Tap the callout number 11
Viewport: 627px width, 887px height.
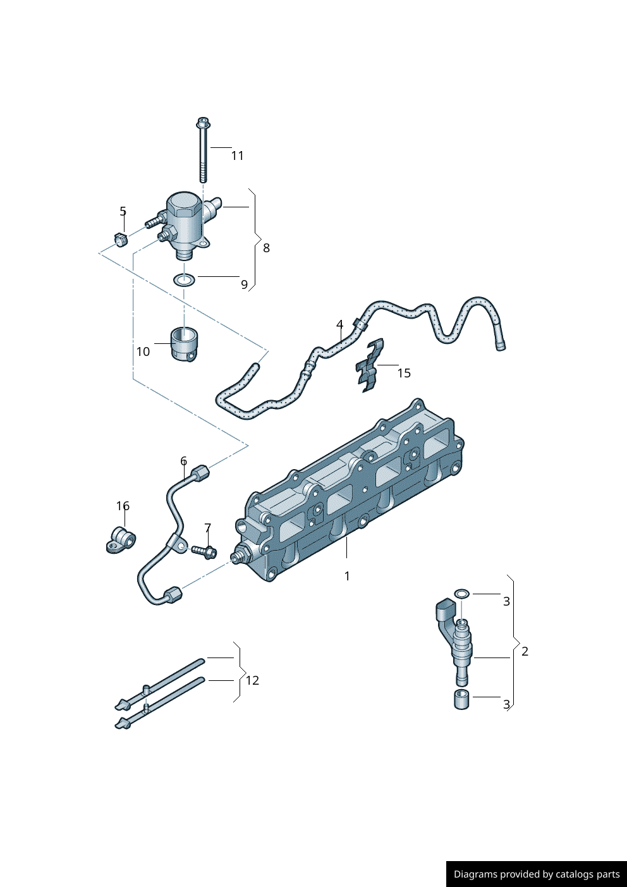coord(237,156)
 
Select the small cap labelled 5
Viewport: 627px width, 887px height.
coord(120,240)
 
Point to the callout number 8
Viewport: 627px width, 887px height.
coord(266,248)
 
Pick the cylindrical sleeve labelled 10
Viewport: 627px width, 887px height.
coord(184,344)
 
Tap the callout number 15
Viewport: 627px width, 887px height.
coord(404,373)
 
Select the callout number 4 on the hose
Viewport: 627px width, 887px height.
coord(339,325)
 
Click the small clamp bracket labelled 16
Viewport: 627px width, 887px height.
coord(121,540)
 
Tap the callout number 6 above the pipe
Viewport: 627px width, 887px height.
coord(183,461)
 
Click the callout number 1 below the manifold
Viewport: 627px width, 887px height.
coord(346,576)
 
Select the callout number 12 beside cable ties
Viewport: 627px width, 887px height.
coord(252,680)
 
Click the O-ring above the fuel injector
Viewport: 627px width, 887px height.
coord(462,594)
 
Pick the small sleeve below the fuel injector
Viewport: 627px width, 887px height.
coord(462,699)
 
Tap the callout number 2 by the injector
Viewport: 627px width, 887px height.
coord(525,651)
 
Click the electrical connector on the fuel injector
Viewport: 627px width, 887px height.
coord(444,611)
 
